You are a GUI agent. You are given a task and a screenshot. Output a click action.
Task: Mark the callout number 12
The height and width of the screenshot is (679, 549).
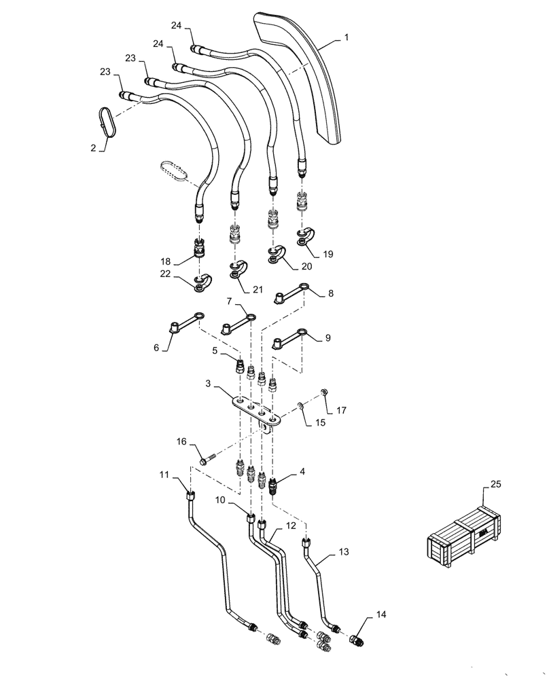click(291, 526)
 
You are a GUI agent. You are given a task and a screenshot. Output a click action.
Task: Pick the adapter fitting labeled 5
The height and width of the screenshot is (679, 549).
click(240, 366)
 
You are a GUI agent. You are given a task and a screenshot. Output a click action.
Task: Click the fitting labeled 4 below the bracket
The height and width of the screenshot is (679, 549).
click(275, 485)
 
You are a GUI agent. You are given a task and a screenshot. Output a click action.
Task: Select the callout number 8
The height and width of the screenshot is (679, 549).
click(330, 294)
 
